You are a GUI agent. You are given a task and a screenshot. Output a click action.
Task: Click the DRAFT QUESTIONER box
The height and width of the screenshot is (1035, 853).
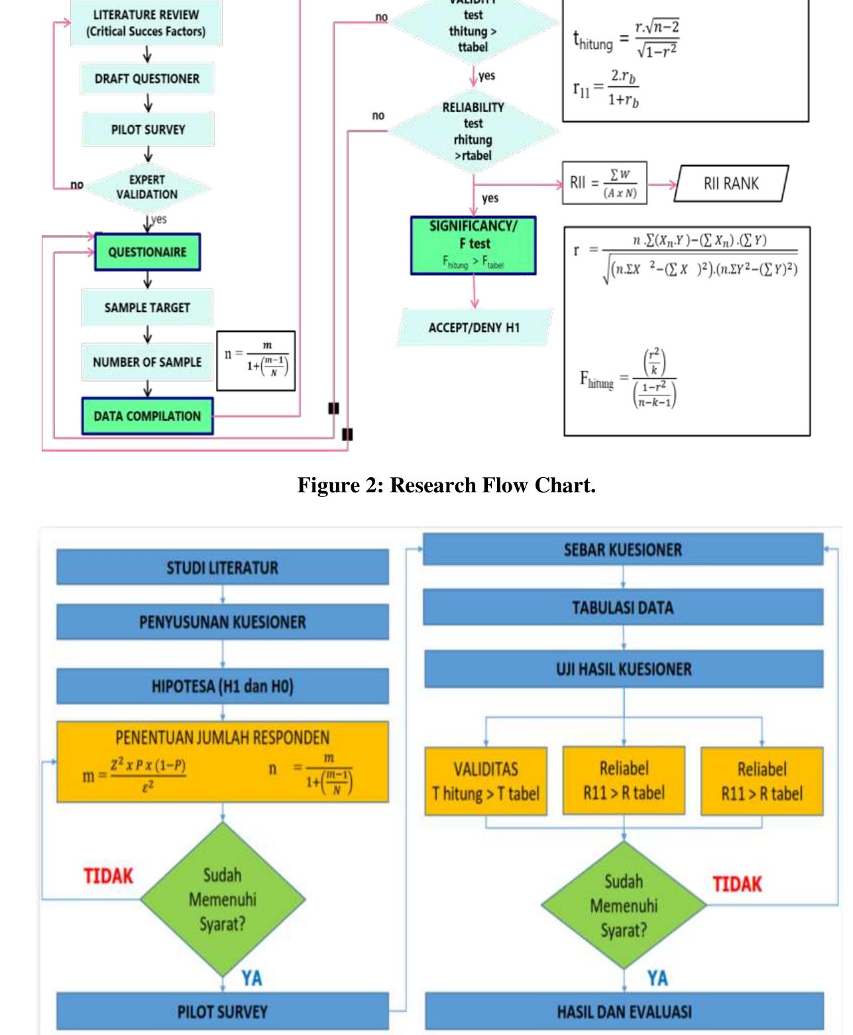tap(147, 79)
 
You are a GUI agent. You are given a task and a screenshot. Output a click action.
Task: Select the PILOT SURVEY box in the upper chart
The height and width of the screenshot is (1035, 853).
tap(148, 129)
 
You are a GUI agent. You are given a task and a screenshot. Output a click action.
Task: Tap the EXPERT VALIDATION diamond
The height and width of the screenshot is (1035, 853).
tap(147, 187)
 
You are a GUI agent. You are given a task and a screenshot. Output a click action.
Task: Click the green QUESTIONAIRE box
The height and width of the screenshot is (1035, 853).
tap(147, 252)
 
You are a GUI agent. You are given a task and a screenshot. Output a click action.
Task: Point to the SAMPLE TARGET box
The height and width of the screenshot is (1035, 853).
tap(147, 307)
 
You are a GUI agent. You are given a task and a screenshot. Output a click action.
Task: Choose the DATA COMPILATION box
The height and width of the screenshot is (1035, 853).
tap(147, 416)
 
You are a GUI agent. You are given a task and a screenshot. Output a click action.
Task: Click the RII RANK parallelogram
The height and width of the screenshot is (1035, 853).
tap(731, 184)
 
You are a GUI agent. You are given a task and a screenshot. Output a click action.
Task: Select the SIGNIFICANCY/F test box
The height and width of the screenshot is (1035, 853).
tap(473, 245)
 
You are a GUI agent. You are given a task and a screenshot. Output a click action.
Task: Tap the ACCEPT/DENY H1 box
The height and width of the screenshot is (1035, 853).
tap(474, 327)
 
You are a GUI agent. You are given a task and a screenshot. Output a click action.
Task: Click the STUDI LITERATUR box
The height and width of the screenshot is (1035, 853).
tap(222, 568)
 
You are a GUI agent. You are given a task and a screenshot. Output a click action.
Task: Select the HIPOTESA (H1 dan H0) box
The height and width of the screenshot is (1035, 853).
tap(222, 686)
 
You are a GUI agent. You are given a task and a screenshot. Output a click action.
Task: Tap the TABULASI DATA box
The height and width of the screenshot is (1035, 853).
tap(623, 608)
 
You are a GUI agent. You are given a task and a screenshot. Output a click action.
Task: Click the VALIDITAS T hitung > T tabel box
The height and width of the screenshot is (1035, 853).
tap(486, 781)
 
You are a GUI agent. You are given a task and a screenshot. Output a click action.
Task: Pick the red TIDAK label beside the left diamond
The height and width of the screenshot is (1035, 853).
tap(108, 876)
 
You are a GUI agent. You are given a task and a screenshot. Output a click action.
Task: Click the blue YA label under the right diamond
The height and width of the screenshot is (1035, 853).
tap(657, 978)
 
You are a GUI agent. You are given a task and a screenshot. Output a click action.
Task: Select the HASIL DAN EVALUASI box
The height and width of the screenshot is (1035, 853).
tap(624, 1012)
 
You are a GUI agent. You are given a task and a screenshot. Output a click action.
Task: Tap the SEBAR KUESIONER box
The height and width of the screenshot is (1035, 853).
tap(623, 550)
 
